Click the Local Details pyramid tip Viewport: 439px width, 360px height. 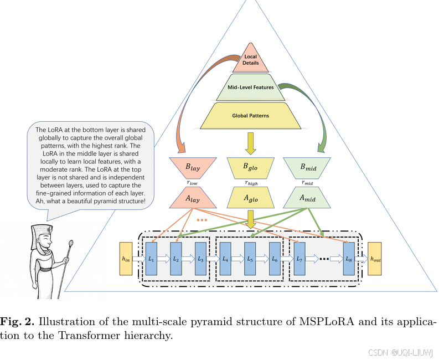[250, 60]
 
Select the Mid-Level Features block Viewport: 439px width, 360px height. [251, 88]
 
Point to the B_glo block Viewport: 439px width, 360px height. [250, 166]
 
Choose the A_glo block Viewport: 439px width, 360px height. [250, 198]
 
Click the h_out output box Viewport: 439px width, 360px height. [375, 259]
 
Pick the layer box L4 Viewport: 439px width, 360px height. [225, 259]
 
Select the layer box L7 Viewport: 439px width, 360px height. [299, 259]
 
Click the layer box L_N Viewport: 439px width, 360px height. [349, 259]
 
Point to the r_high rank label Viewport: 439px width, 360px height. [250, 182]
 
